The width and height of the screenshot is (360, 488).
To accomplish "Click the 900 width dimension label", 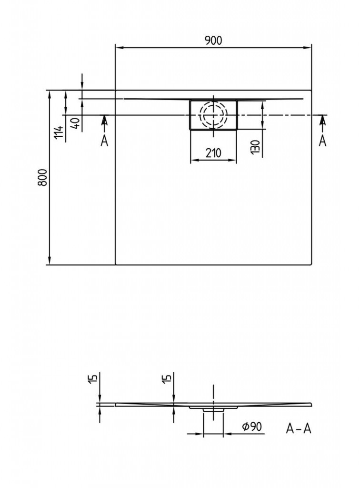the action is tap(214, 40).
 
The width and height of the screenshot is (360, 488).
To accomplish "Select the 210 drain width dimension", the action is tap(213, 153).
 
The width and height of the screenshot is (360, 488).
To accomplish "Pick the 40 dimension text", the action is tap(76, 123).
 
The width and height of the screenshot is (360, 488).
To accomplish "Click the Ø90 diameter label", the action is tap(252, 427).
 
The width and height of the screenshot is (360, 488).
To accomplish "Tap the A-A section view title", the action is tap(299, 428).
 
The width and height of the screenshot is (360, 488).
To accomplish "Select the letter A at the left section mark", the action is tap(104, 141).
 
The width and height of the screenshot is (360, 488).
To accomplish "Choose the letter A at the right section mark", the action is tap(323, 141).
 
